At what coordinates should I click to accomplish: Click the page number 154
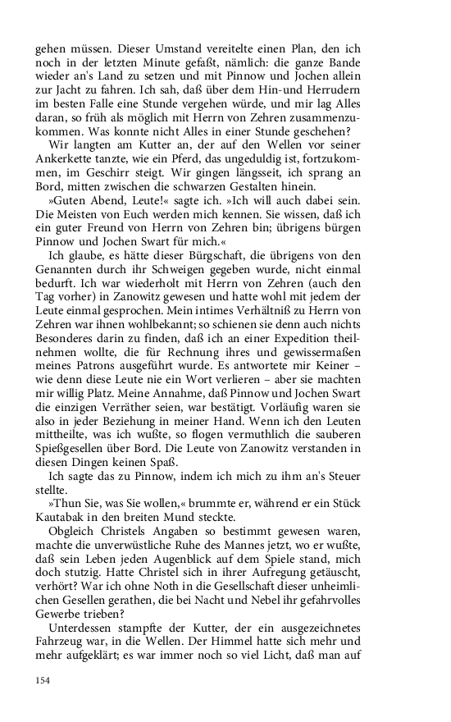[x=43, y=679]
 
